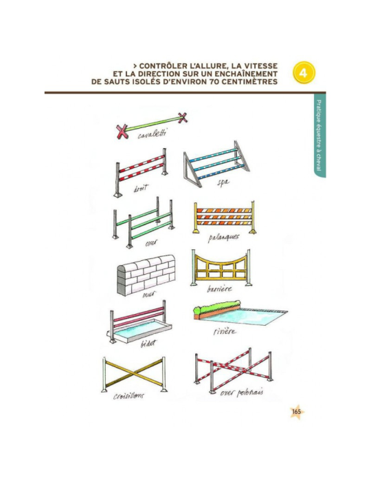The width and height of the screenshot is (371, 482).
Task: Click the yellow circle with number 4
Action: (x=304, y=73)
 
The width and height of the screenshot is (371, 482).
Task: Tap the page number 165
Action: (x=297, y=412)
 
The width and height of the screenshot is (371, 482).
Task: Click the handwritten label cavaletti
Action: (x=153, y=134)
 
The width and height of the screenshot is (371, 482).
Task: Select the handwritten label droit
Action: (x=141, y=188)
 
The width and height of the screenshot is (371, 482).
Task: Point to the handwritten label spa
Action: (x=223, y=182)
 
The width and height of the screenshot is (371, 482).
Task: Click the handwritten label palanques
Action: (x=223, y=238)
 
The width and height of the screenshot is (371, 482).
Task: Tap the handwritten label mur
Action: (x=149, y=294)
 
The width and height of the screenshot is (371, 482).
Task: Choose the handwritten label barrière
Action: (x=219, y=289)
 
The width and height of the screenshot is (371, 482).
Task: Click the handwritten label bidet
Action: (x=148, y=343)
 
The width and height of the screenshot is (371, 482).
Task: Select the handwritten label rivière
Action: (x=225, y=331)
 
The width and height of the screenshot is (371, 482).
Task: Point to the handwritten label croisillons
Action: (x=128, y=396)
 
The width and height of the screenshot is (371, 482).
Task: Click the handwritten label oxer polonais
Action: (x=242, y=392)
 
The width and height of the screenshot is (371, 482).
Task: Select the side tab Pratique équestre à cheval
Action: (x=319, y=136)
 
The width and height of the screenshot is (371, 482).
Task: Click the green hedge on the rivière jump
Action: (x=217, y=307)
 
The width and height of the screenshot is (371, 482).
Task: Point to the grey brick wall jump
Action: (x=146, y=274)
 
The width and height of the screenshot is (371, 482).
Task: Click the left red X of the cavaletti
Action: (x=122, y=132)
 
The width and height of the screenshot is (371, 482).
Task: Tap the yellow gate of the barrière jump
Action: (x=221, y=266)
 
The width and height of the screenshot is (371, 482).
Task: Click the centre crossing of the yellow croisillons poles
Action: (x=134, y=373)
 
